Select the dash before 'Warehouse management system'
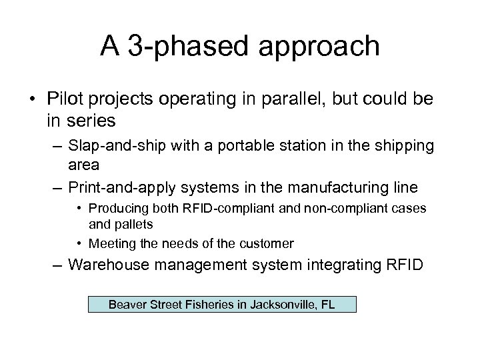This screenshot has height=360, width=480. pyautogui.click(x=58, y=265)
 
